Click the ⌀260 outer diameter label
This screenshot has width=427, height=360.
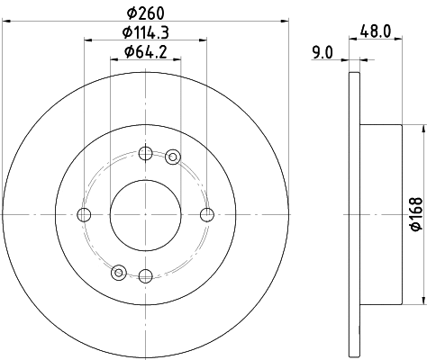click(x=146, y=13)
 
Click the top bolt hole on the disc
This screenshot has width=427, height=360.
click(x=146, y=152)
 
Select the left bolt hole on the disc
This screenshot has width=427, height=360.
click(x=85, y=214)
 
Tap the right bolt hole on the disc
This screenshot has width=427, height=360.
click(x=207, y=214)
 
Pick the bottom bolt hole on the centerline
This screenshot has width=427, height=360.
click(x=146, y=275)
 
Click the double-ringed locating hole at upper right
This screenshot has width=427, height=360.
click(x=173, y=157)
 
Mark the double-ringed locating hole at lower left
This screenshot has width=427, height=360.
click(x=118, y=270)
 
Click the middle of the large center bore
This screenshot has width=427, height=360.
click(x=146, y=214)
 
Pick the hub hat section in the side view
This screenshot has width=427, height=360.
click(x=378, y=214)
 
